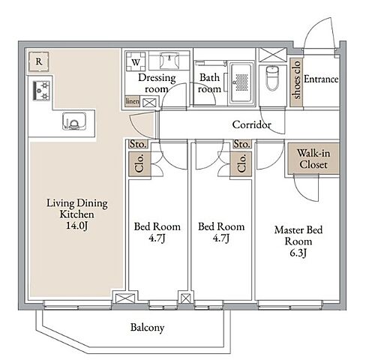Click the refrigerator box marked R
38,61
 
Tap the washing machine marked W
136,61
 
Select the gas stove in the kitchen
41,91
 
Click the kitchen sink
74,121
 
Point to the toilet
271,78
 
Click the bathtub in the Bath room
241,83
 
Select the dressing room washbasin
169,60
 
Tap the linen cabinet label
132,101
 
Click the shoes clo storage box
296,82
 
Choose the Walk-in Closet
313,158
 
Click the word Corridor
251,124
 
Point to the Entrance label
321,79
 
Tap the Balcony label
147,328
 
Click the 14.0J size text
76,226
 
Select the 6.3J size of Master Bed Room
298,253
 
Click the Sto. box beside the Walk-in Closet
241,144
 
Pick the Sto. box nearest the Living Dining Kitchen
138,144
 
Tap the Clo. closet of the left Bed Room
139,163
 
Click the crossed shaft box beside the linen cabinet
149,103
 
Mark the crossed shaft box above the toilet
272,55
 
